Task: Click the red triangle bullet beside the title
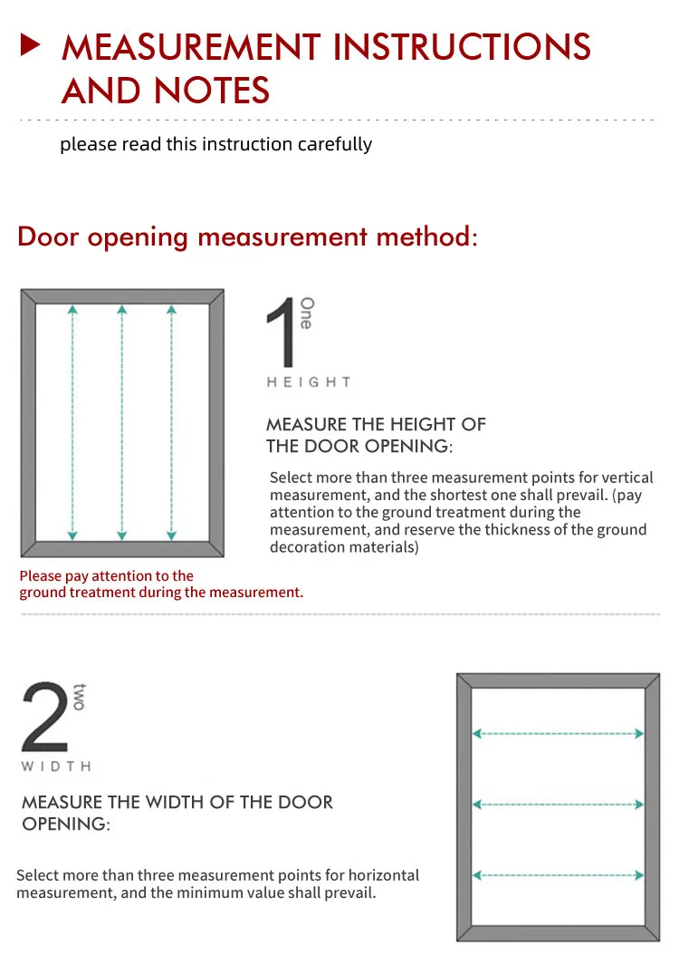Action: click(31, 45)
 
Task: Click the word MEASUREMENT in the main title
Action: click(191, 47)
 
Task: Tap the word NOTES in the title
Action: click(212, 91)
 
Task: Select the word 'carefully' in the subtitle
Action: click(334, 144)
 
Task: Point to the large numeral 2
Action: click(44, 717)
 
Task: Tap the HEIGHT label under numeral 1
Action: click(309, 382)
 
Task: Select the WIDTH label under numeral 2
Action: click(56, 767)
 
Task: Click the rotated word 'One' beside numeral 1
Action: click(307, 313)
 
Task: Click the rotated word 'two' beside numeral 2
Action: click(79, 697)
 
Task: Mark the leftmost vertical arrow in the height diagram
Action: click(72, 422)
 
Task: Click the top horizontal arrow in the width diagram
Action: click(559, 734)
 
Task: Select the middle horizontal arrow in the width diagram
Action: click(559, 805)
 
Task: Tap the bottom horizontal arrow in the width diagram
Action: click(559, 875)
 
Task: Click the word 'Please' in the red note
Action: click(40, 575)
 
